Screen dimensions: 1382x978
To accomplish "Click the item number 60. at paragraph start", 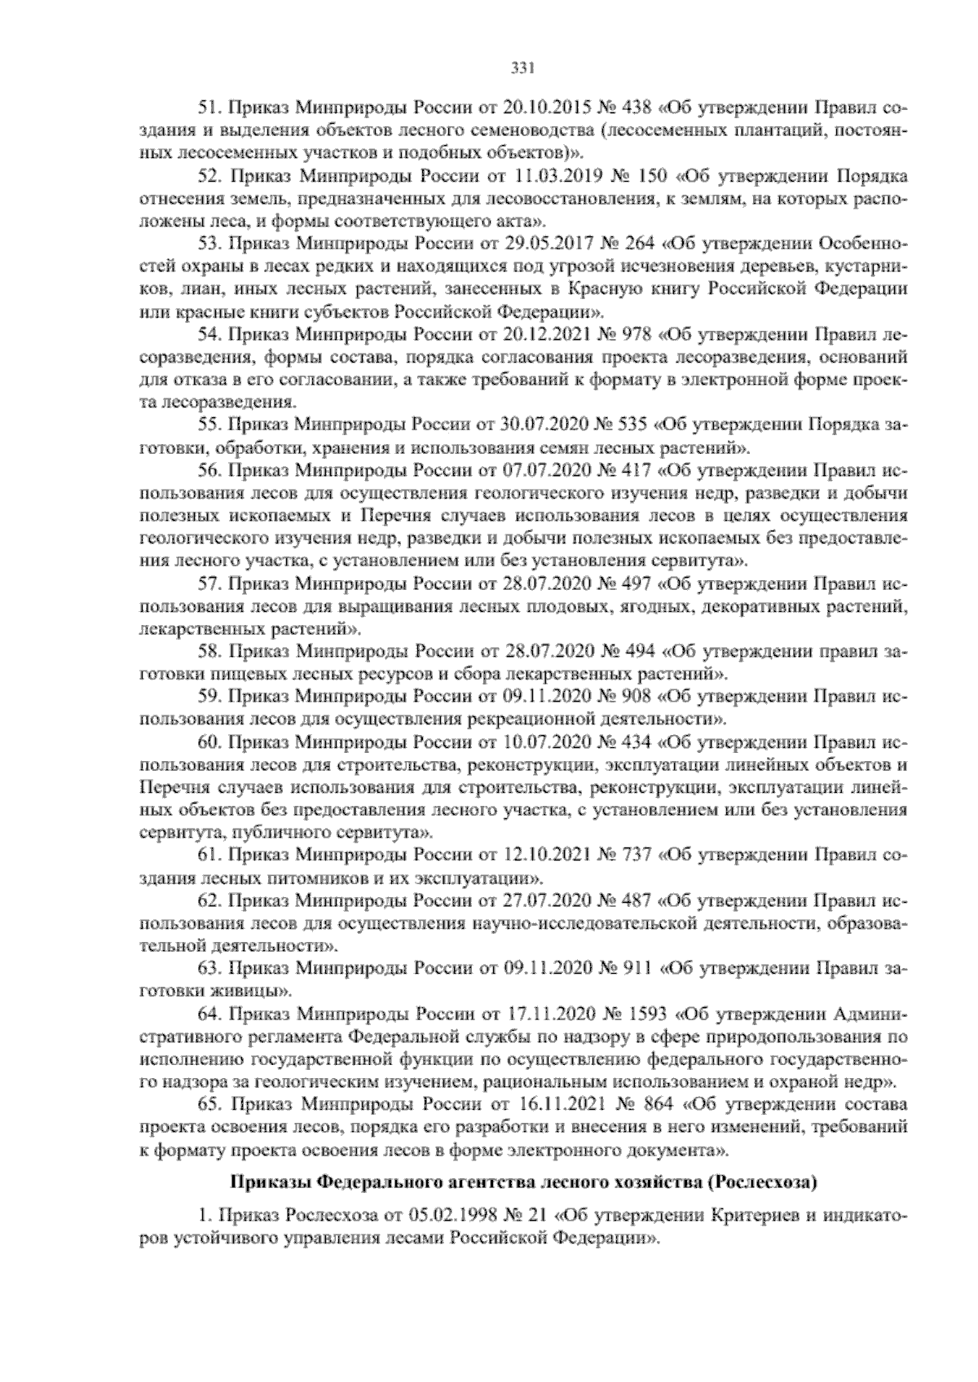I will (x=211, y=742).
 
